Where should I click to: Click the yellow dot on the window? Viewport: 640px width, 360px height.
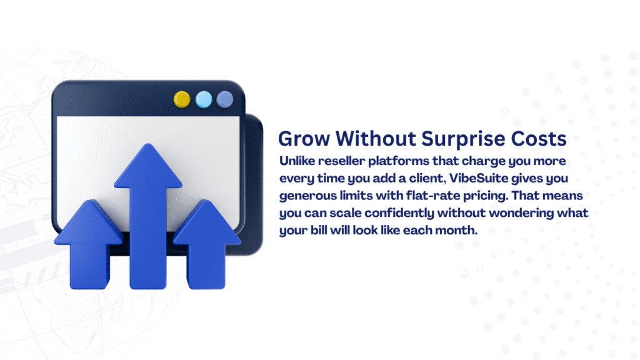tap(182, 99)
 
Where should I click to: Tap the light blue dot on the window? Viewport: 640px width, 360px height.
tap(204, 99)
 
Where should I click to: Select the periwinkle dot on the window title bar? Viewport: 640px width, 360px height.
tap(225, 99)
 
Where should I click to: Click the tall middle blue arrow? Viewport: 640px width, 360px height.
tap(147, 216)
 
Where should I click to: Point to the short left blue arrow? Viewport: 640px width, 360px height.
tap(89, 245)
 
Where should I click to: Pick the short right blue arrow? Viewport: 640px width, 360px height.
tap(206, 245)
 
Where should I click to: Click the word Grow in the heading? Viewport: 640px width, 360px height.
tap(304, 139)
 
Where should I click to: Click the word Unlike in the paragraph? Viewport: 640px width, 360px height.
tap(297, 161)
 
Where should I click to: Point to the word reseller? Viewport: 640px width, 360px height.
tap(341, 161)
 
